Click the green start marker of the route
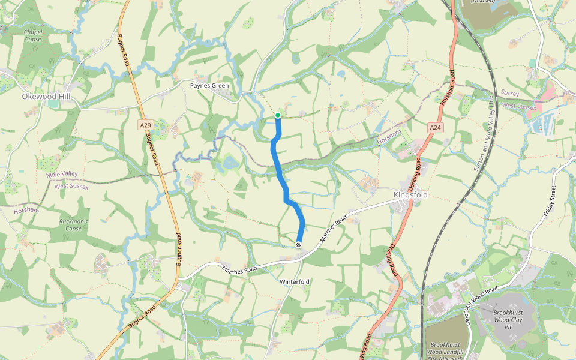coord(278,115)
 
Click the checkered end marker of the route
coord(298,244)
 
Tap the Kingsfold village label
coord(410,196)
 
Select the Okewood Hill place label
coord(46,96)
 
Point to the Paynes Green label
coord(209,86)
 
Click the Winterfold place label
coord(295,281)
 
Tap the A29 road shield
coord(144,125)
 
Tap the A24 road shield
coord(436,128)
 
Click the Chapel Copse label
coord(33,35)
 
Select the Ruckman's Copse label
coord(74,224)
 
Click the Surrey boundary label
coord(509,94)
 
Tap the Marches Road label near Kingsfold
coord(334,230)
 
